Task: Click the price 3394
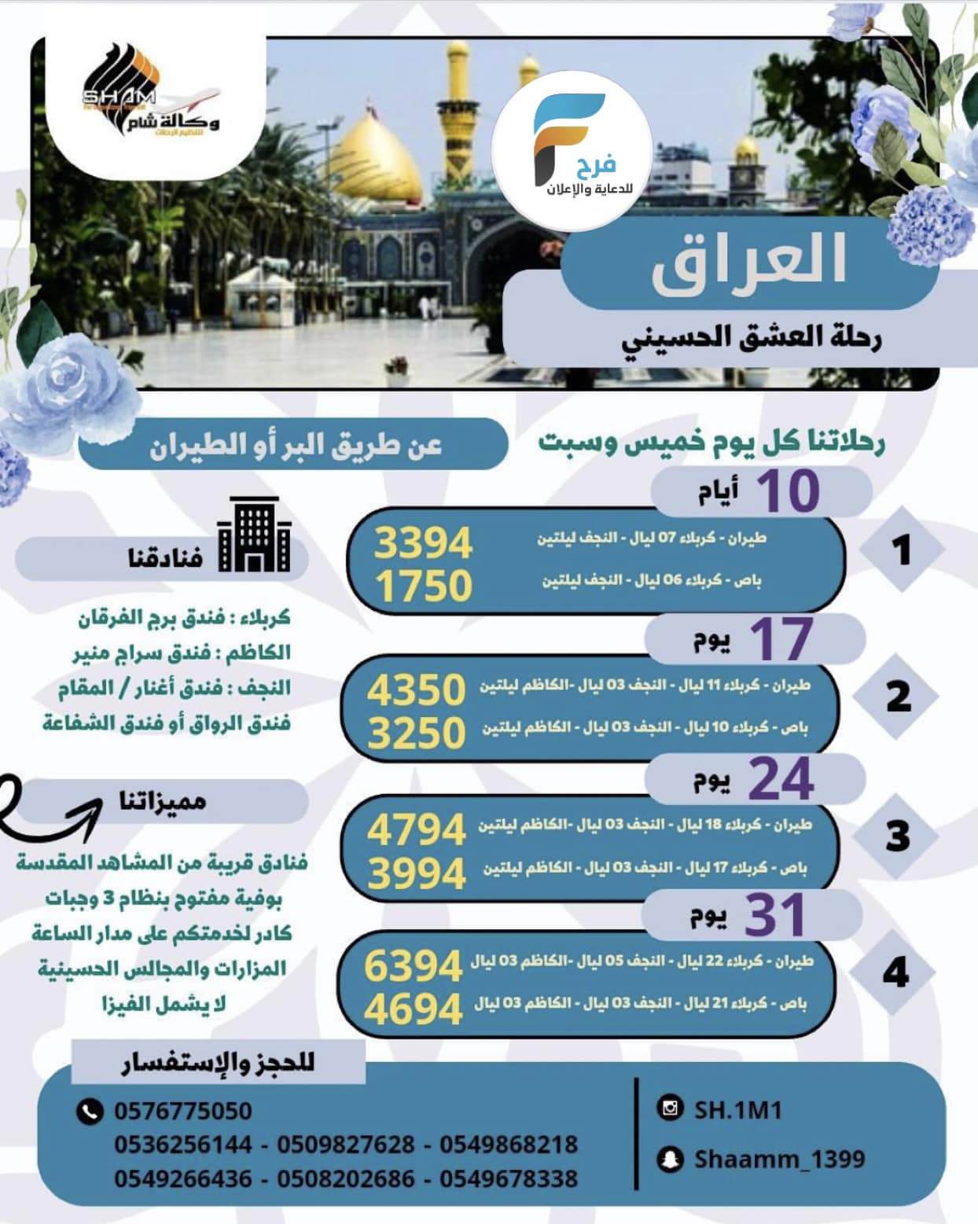[423, 543]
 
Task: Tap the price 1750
[423, 586]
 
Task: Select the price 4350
[417, 689]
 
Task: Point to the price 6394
[414, 966]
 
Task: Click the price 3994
[417, 873]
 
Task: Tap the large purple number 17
[781, 638]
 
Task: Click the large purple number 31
[775, 915]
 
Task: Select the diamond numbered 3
[896, 836]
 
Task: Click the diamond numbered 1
[901, 550]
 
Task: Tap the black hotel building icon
[255, 535]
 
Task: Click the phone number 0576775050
[183, 1111]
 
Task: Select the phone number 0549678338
[509, 1178]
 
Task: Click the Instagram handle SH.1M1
[737, 1109]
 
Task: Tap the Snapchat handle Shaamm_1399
[779, 1159]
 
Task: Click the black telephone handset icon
[90, 1111]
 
